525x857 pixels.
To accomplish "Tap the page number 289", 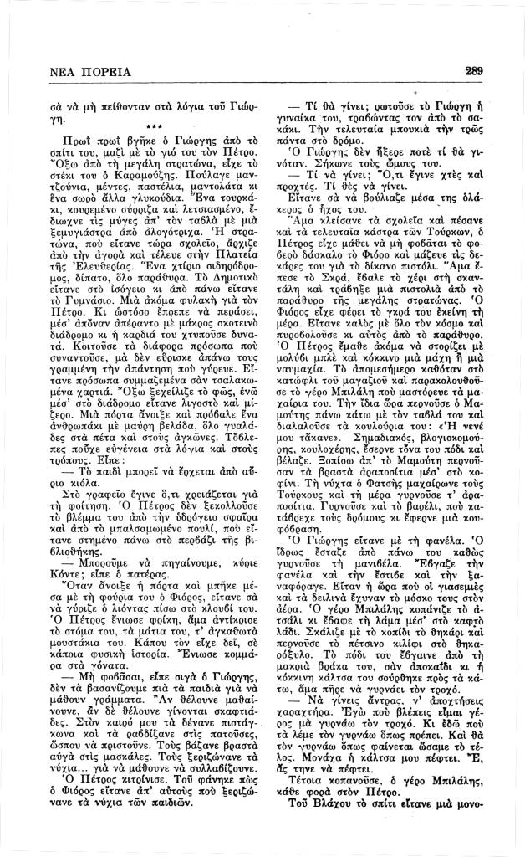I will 474,71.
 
